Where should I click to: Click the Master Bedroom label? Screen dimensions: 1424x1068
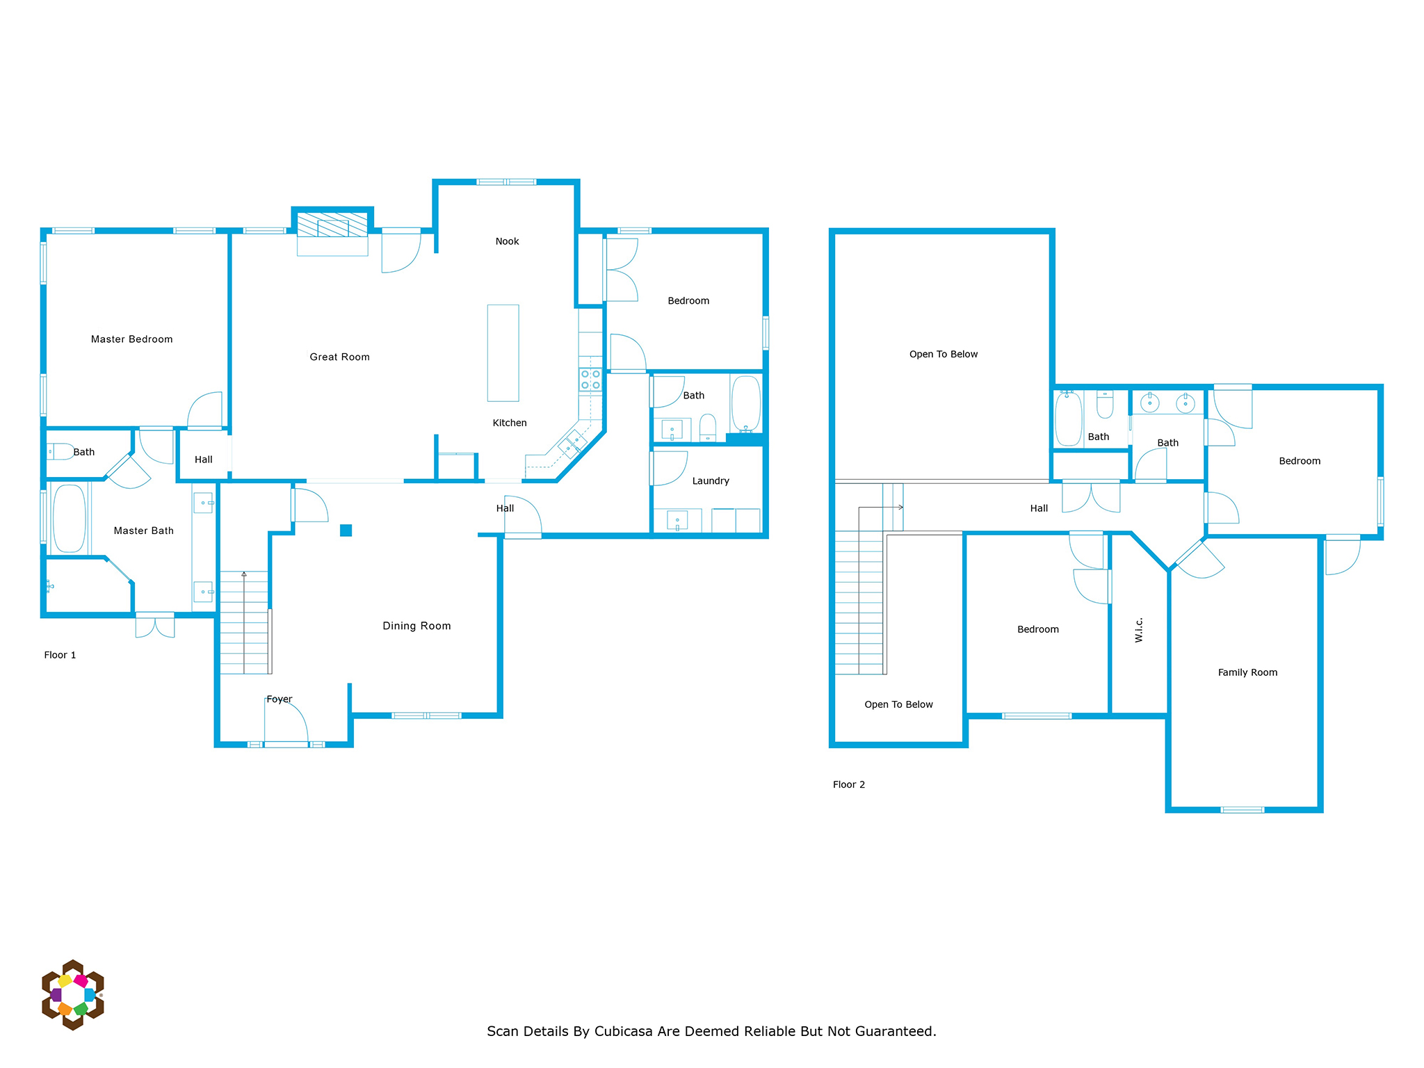point(131,339)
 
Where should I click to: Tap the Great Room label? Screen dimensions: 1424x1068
point(339,357)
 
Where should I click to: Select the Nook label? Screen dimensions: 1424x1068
point(507,241)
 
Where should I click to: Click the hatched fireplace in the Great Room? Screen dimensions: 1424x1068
point(332,225)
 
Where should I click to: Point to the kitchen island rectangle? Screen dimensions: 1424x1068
point(503,353)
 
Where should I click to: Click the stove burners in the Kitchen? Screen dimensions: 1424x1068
point(590,380)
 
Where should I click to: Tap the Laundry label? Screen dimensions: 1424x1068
point(711,481)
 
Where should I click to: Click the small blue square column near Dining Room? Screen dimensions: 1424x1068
point(346,531)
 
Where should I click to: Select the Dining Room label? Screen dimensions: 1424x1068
point(416,626)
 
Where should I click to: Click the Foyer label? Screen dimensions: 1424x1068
point(280,699)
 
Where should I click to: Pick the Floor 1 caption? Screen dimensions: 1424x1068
point(60,655)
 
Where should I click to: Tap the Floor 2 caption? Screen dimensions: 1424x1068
point(849,784)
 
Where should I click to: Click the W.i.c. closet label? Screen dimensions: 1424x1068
point(1139,630)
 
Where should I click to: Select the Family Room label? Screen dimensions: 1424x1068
point(1247,672)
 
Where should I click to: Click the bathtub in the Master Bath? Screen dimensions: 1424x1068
point(70,519)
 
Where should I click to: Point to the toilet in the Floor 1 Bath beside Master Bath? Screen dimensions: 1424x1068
point(60,452)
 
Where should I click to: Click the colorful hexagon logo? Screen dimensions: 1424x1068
point(73,995)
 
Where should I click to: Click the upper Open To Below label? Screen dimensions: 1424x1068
point(944,355)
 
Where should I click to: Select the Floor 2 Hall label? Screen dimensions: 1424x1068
point(1039,508)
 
